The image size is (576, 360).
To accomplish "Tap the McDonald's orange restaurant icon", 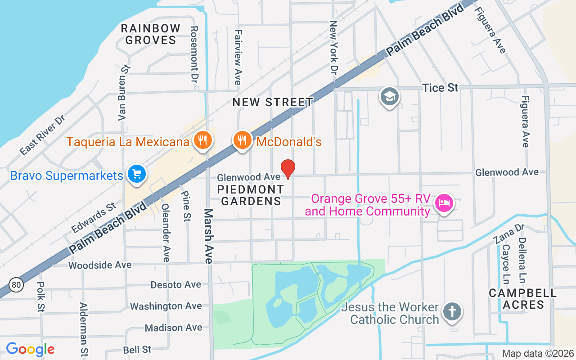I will coord(243,140).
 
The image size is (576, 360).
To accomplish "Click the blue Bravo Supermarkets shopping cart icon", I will coord(136,174).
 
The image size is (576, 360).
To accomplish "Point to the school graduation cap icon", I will coord(390,96).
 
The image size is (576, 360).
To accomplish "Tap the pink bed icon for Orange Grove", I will coord(444,203).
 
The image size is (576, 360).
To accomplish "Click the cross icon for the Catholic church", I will coord(452,311).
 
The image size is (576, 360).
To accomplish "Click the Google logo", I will coord(30,349).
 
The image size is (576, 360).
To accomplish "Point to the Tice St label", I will coord(440,88).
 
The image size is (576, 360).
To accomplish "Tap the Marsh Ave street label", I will coord(209,236).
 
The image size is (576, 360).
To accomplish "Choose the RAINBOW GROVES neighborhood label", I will coord(151,34).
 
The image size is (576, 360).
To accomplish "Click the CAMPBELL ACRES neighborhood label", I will coord(523,299).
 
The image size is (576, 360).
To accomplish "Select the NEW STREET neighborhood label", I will coord(273,102).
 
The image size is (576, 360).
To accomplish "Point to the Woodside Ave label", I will coord(100,265).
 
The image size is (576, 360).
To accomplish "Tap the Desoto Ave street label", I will coord(176,284).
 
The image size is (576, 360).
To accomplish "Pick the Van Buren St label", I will coord(124,92).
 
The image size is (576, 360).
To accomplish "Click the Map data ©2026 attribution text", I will coord(538,354).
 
